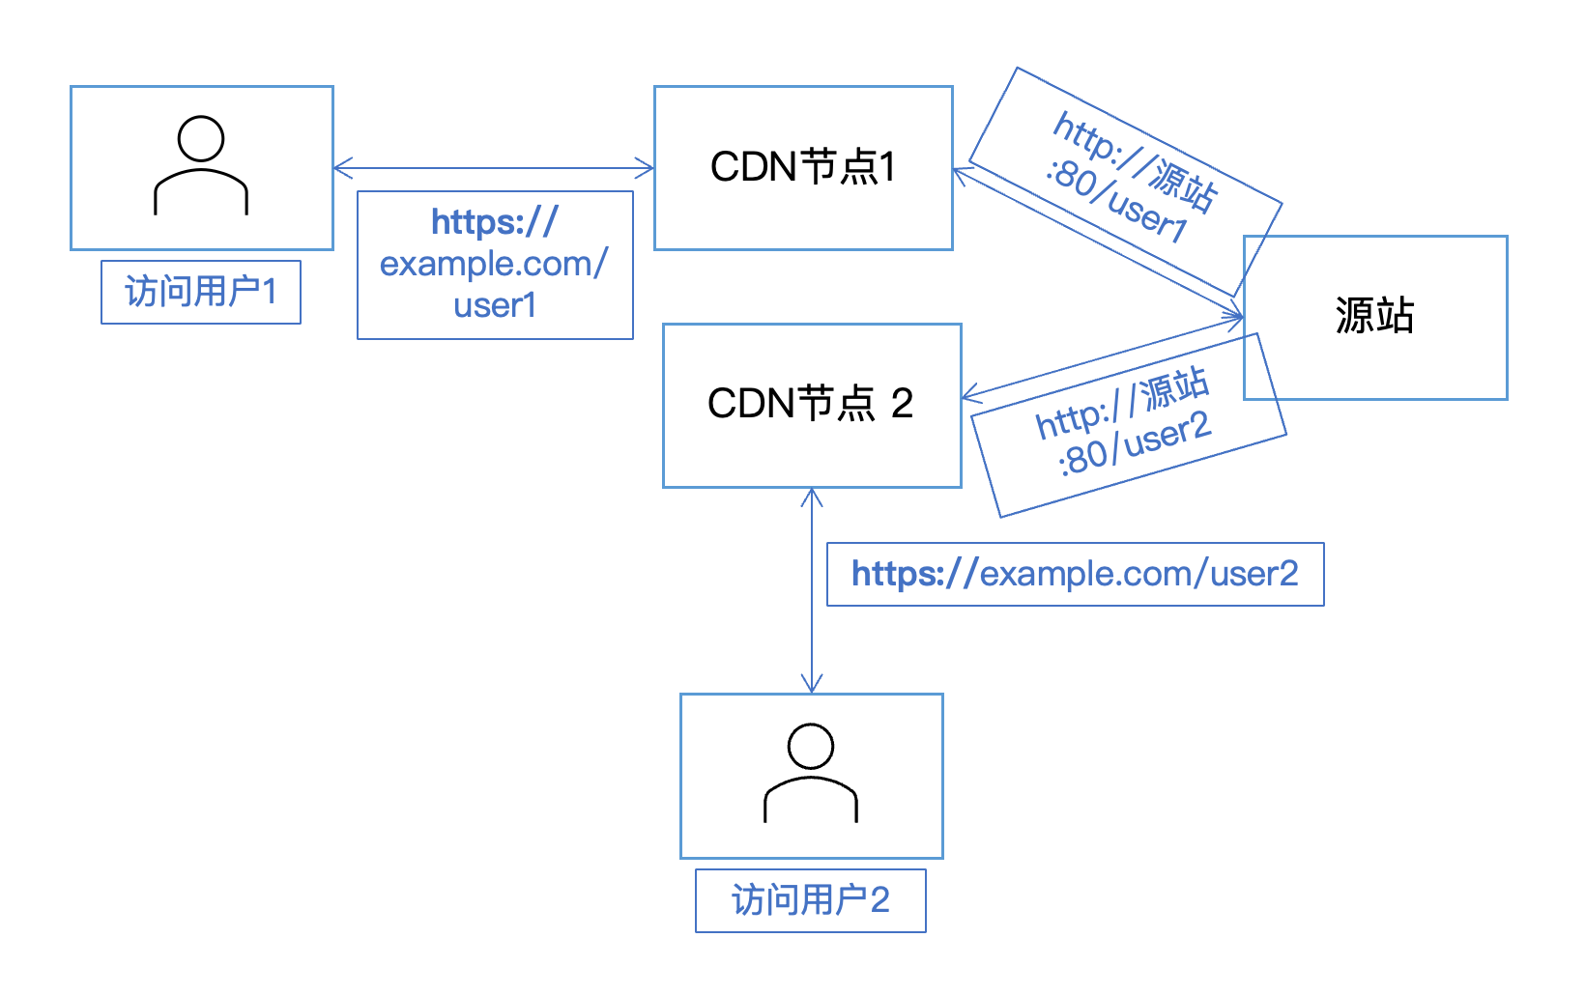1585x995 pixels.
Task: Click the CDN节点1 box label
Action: point(803,167)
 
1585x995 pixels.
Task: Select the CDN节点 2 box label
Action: point(810,404)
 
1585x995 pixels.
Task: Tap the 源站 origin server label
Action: point(1374,316)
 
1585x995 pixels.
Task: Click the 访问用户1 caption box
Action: point(201,292)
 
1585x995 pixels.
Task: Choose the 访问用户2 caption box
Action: point(810,900)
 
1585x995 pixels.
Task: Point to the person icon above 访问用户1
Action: point(201,165)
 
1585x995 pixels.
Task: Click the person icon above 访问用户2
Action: point(811,773)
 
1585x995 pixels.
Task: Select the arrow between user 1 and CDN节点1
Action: point(493,168)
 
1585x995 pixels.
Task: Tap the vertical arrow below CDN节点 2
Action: point(812,589)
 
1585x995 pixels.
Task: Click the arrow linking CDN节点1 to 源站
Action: point(1097,242)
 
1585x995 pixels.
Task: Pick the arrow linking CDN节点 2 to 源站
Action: point(1102,357)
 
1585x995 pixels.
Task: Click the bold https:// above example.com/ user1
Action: point(495,222)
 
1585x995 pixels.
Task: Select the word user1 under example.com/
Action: point(495,305)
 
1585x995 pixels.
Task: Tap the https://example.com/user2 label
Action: point(1075,574)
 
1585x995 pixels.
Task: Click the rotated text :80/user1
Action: point(1116,205)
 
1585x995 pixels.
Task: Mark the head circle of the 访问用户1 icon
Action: point(201,139)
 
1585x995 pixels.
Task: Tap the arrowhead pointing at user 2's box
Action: point(812,684)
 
